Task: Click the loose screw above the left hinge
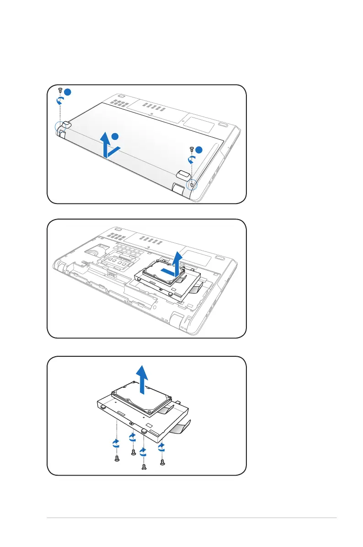(60, 89)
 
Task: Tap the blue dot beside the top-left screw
(68, 92)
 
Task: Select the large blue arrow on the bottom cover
(107, 145)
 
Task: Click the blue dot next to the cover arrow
(116, 136)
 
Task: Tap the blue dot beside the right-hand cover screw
(199, 150)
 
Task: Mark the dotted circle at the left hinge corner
(60, 128)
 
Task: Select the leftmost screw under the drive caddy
(117, 457)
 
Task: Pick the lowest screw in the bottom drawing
(144, 467)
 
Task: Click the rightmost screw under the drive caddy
(162, 462)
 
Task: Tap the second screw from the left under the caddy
(133, 452)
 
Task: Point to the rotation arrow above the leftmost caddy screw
(116, 443)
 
